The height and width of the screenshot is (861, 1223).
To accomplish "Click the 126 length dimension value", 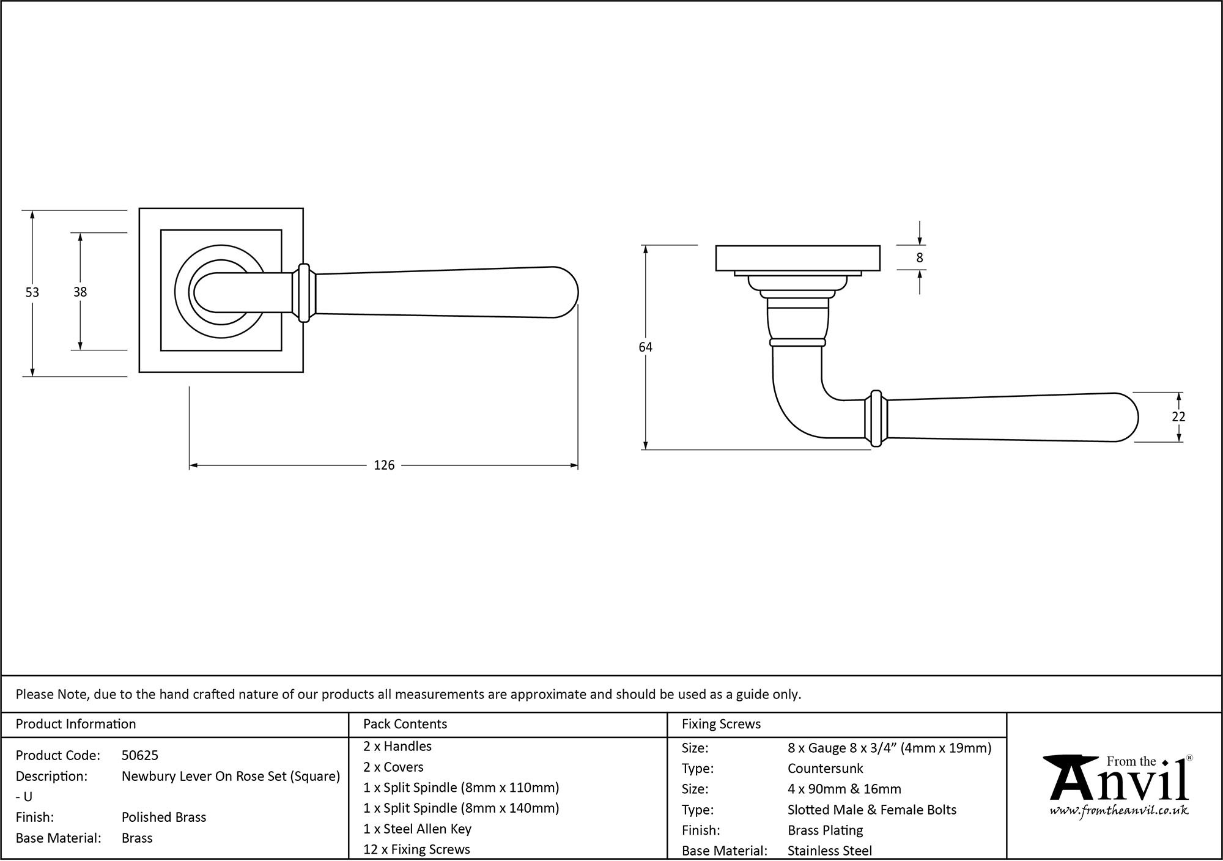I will tap(384, 465).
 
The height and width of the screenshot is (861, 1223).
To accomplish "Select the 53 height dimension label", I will tap(32, 293).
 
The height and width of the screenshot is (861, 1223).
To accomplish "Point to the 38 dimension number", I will tap(80, 292).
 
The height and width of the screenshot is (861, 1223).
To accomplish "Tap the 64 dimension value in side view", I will tap(645, 347).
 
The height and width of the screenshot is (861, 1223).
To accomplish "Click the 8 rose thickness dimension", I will tap(920, 258).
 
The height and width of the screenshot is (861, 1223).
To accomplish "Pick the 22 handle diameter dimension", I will tap(1178, 416).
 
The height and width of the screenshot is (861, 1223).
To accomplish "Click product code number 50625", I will tap(140, 756).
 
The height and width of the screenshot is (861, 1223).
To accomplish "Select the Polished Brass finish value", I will tap(164, 818).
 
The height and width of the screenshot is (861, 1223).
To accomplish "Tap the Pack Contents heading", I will tap(405, 724).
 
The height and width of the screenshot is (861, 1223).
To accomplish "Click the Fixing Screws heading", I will tap(721, 724).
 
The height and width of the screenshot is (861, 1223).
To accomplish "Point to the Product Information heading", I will tap(76, 724).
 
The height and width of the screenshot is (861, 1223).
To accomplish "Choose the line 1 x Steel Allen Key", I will tap(417, 829).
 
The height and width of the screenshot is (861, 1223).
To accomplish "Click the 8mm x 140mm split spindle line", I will tap(461, 808).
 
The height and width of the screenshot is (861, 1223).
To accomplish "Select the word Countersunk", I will tap(825, 769).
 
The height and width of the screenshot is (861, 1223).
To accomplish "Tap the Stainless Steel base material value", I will tap(830, 851).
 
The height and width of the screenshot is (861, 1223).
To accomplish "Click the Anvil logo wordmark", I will tap(1119, 783).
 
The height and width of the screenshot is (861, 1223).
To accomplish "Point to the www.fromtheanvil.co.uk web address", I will tap(1119, 811).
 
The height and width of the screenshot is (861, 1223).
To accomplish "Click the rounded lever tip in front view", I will tap(566, 292).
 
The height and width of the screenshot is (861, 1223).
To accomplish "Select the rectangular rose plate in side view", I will tap(797, 258).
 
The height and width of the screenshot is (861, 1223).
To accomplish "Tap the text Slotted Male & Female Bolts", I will tap(871, 810).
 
